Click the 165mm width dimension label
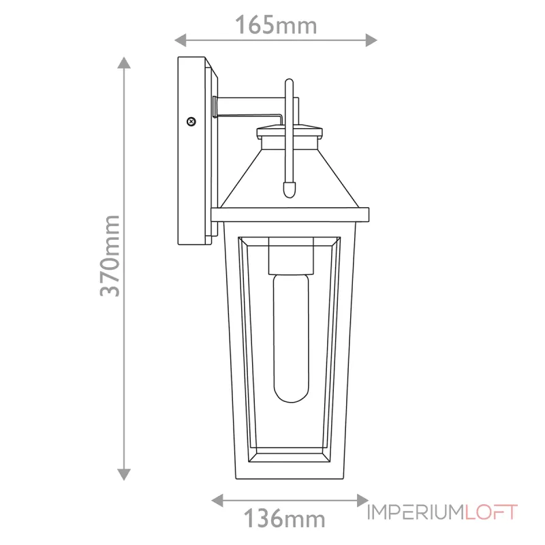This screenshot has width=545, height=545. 276,26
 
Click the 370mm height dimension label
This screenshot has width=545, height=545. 110,255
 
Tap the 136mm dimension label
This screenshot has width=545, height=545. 286,519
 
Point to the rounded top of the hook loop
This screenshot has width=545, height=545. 290,83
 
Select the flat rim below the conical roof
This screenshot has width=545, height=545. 289,215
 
